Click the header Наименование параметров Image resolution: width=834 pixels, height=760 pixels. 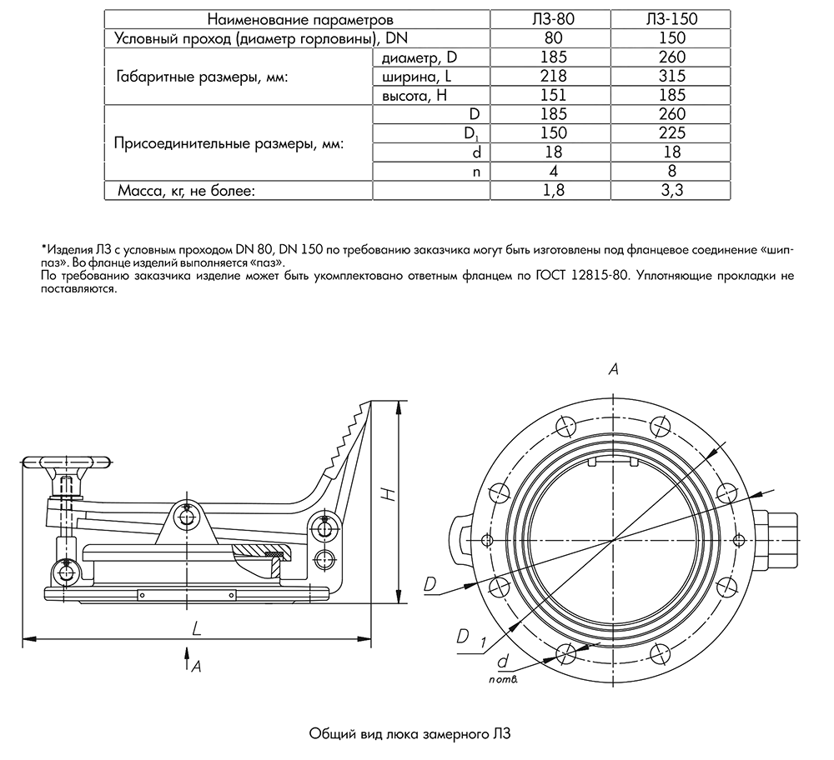299,18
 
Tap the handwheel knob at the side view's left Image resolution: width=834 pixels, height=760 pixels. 67,461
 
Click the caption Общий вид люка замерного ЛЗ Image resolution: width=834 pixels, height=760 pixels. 409,734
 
